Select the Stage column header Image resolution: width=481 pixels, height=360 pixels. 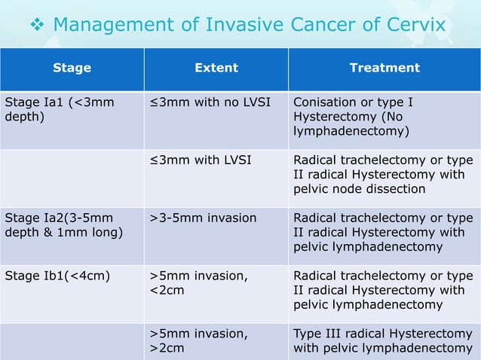click(72, 68)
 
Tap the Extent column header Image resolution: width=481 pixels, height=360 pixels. click(216, 68)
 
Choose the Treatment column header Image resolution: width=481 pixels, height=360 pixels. click(384, 68)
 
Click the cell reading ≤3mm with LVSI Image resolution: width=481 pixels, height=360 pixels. click(201, 160)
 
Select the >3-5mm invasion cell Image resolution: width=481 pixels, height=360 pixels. click(203, 218)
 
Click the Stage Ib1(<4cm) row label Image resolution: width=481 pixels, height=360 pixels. click(58, 276)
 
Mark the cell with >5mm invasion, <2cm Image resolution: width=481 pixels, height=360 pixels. click(198, 283)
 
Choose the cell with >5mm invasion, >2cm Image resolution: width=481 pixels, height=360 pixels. click(198, 340)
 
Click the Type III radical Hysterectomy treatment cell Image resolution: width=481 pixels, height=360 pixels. click(383, 340)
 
